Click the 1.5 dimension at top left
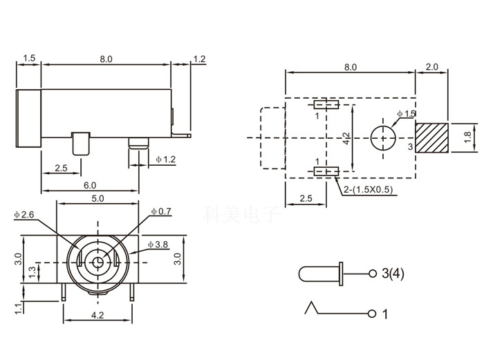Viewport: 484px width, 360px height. click(x=28, y=59)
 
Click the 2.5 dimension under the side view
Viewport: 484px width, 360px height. click(x=60, y=168)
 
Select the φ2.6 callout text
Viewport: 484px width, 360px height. click(x=24, y=215)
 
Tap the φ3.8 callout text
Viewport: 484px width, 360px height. click(x=158, y=245)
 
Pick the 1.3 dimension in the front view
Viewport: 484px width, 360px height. click(x=32, y=273)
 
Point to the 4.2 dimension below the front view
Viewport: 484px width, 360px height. click(x=97, y=316)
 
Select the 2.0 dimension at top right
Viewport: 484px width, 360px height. click(x=431, y=67)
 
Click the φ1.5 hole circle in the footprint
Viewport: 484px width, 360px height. click(x=381, y=137)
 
